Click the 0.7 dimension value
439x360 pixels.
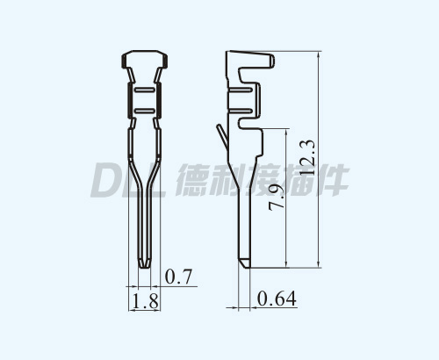(178, 277)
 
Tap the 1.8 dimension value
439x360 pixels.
(146, 300)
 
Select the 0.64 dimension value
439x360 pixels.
(277, 299)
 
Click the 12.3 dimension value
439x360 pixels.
(307, 158)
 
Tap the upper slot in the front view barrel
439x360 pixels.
(145, 90)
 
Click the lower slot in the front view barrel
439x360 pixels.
(145, 111)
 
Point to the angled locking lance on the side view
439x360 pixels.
(222, 137)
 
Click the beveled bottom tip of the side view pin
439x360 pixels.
(245, 263)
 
